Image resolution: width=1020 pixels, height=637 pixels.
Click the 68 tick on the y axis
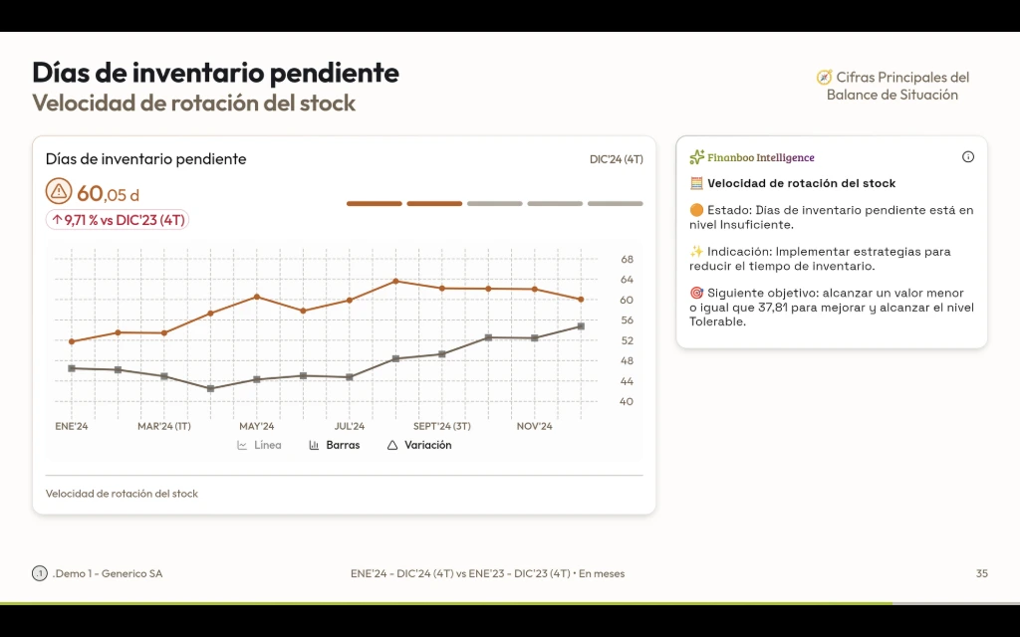click(627, 259)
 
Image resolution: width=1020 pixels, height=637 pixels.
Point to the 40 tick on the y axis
click(627, 401)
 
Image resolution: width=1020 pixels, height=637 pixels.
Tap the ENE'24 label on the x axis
click(72, 426)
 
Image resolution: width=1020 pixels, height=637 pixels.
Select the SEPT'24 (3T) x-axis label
click(442, 426)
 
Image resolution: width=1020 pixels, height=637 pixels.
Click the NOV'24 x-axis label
click(534, 426)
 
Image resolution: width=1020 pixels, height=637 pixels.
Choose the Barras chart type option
click(335, 445)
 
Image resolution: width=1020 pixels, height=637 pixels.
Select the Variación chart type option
click(419, 445)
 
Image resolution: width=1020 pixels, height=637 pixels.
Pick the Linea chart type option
click(259, 445)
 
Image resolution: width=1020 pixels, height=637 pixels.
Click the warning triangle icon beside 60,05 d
click(59, 191)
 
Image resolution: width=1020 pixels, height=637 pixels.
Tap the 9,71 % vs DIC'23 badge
click(118, 220)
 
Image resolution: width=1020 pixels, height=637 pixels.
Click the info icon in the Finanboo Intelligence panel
click(968, 157)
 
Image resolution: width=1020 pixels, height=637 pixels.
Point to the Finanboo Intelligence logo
click(752, 157)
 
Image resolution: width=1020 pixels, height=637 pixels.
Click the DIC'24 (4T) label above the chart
click(617, 159)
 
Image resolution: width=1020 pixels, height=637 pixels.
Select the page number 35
click(981, 573)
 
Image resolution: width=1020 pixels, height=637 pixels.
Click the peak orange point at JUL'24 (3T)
click(395, 281)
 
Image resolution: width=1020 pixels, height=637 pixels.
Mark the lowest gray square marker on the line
click(210, 388)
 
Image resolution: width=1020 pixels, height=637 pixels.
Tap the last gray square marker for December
click(581, 326)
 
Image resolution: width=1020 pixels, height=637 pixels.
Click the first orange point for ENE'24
click(72, 341)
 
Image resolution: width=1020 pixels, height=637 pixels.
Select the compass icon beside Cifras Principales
click(824, 78)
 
